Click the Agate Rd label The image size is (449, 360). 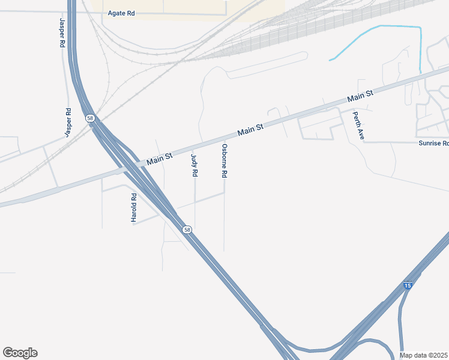121,13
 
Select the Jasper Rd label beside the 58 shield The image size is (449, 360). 68,121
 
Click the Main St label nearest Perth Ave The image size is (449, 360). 360,95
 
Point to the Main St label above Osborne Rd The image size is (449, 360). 250,129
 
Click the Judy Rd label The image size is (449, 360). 194,165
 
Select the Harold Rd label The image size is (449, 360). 134,208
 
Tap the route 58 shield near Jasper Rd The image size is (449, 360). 90,119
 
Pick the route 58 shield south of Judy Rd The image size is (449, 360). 187,230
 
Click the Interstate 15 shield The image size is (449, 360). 408,286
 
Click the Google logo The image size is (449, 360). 20,353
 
